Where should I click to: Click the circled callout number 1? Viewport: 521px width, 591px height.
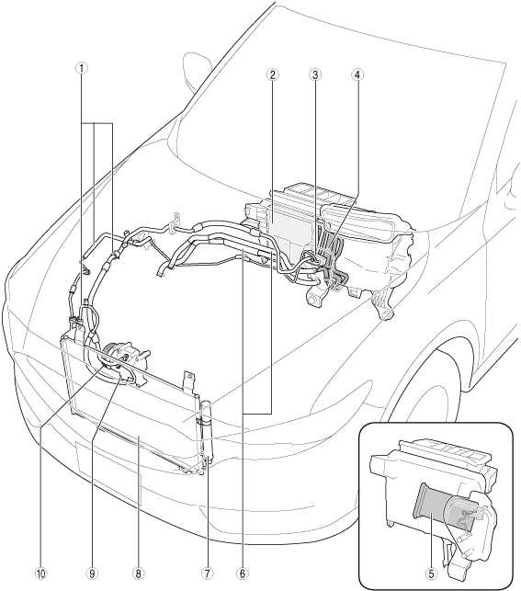(x=82, y=68)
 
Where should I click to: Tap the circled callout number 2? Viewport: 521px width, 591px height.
(x=272, y=74)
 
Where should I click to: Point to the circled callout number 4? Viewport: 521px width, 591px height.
(x=357, y=74)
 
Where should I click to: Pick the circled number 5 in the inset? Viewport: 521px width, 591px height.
(x=431, y=574)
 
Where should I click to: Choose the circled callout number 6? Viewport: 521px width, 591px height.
(x=243, y=574)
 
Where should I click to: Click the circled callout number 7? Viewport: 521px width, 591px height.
(x=207, y=574)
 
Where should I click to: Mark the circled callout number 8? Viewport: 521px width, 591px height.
(x=138, y=574)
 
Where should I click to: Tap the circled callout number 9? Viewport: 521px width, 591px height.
(x=92, y=574)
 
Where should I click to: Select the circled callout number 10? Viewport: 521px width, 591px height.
(x=40, y=574)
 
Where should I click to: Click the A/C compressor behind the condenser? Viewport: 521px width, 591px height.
(x=124, y=360)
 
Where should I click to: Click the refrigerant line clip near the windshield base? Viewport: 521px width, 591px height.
(x=175, y=222)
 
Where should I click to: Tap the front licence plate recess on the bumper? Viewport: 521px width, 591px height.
(x=108, y=473)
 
